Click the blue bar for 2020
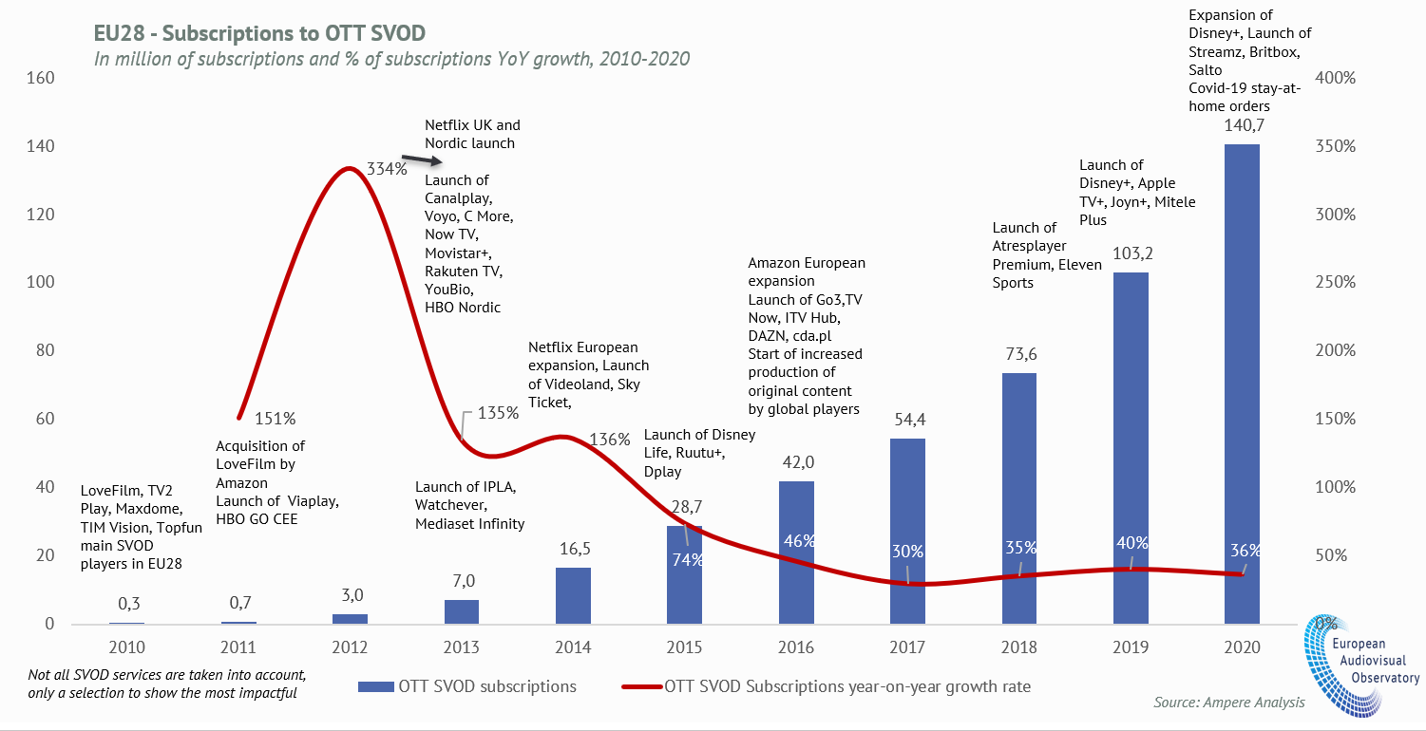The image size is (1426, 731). tap(1242, 380)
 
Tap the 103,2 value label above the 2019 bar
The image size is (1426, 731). tap(1131, 255)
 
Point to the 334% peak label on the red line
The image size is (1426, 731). tap(388, 169)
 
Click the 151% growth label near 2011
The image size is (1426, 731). tap(276, 418)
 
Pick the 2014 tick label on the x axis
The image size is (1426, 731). tap(573, 647)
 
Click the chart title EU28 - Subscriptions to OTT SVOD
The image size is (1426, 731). tap(259, 33)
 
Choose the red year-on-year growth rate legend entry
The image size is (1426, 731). tap(826, 685)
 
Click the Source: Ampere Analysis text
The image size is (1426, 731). tap(1229, 703)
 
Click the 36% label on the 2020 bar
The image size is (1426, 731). tap(1245, 551)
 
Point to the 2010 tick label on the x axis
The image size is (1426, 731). tap(127, 647)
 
